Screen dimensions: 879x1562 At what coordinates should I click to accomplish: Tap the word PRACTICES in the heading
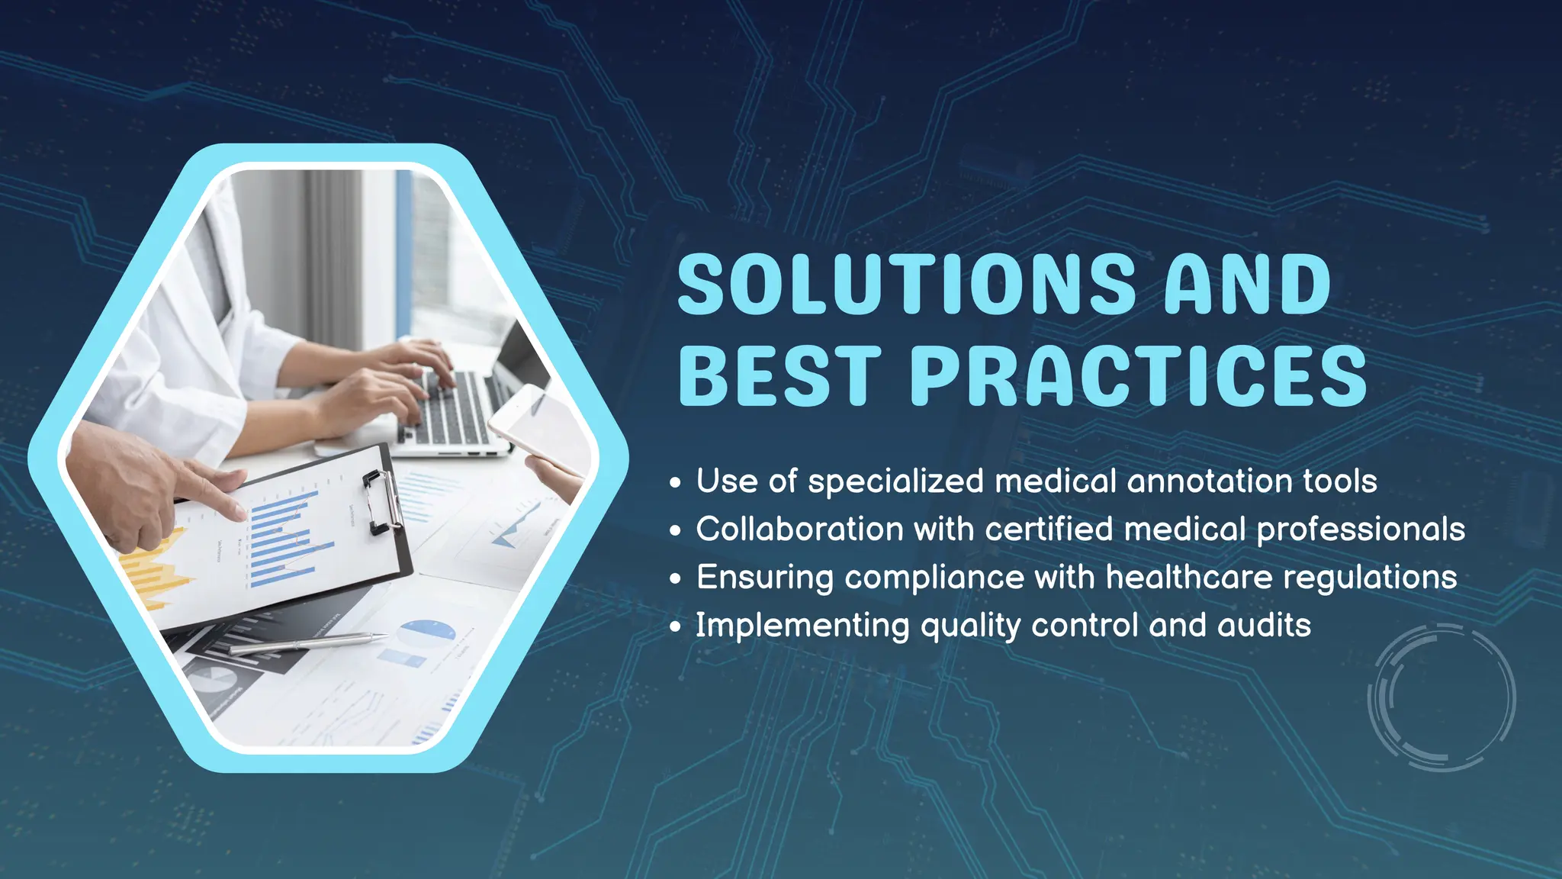(x=1138, y=375)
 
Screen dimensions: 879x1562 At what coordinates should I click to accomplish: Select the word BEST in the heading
(x=779, y=375)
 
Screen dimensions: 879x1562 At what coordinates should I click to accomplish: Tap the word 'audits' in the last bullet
(x=1264, y=626)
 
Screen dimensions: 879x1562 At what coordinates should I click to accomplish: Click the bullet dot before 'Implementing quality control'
(x=675, y=627)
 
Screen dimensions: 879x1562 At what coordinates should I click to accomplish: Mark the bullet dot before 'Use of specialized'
(x=675, y=483)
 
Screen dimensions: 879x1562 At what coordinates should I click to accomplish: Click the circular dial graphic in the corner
(x=1441, y=697)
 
